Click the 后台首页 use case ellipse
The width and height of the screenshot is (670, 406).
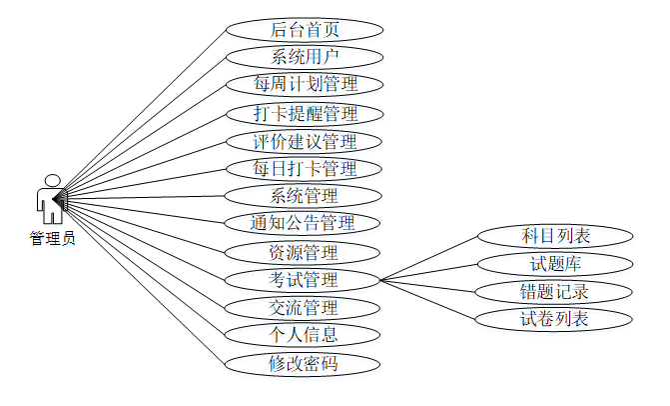pyautogui.click(x=304, y=29)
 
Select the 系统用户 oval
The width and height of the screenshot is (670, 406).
pyautogui.click(x=304, y=56)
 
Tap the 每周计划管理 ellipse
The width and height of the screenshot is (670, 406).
pyautogui.click(x=304, y=84)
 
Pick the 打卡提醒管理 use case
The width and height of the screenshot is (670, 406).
pyautogui.click(x=304, y=113)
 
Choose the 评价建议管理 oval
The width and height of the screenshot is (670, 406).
pyautogui.click(x=304, y=141)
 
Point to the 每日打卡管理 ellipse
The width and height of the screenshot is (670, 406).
pyautogui.click(x=304, y=168)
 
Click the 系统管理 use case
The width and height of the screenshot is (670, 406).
pyautogui.click(x=304, y=195)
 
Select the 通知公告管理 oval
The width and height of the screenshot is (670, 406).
pyautogui.click(x=304, y=222)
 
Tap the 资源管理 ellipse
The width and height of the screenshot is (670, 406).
pyautogui.click(x=304, y=252)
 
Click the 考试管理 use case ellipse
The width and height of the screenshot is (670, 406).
pyautogui.click(x=304, y=279)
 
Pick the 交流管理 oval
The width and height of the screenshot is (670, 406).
pyautogui.click(x=304, y=307)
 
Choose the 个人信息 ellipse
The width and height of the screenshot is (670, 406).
pyautogui.click(x=304, y=334)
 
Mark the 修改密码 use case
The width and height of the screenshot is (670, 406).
pyautogui.click(x=304, y=363)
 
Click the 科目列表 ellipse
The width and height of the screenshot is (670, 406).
pyautogui.click(x=555, y=236)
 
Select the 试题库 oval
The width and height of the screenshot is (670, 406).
pyautogui.click(x=555, y=264)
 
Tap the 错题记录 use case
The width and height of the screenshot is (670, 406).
pyautogui.click(x=555, y=292)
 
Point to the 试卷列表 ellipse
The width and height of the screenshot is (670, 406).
pyautogui.click(x=555, y=320)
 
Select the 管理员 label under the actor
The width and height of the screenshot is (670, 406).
pyautogui.click(x=51, y=238)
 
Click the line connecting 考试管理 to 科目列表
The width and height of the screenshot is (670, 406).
pyautogui.click(x=429, y=258)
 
